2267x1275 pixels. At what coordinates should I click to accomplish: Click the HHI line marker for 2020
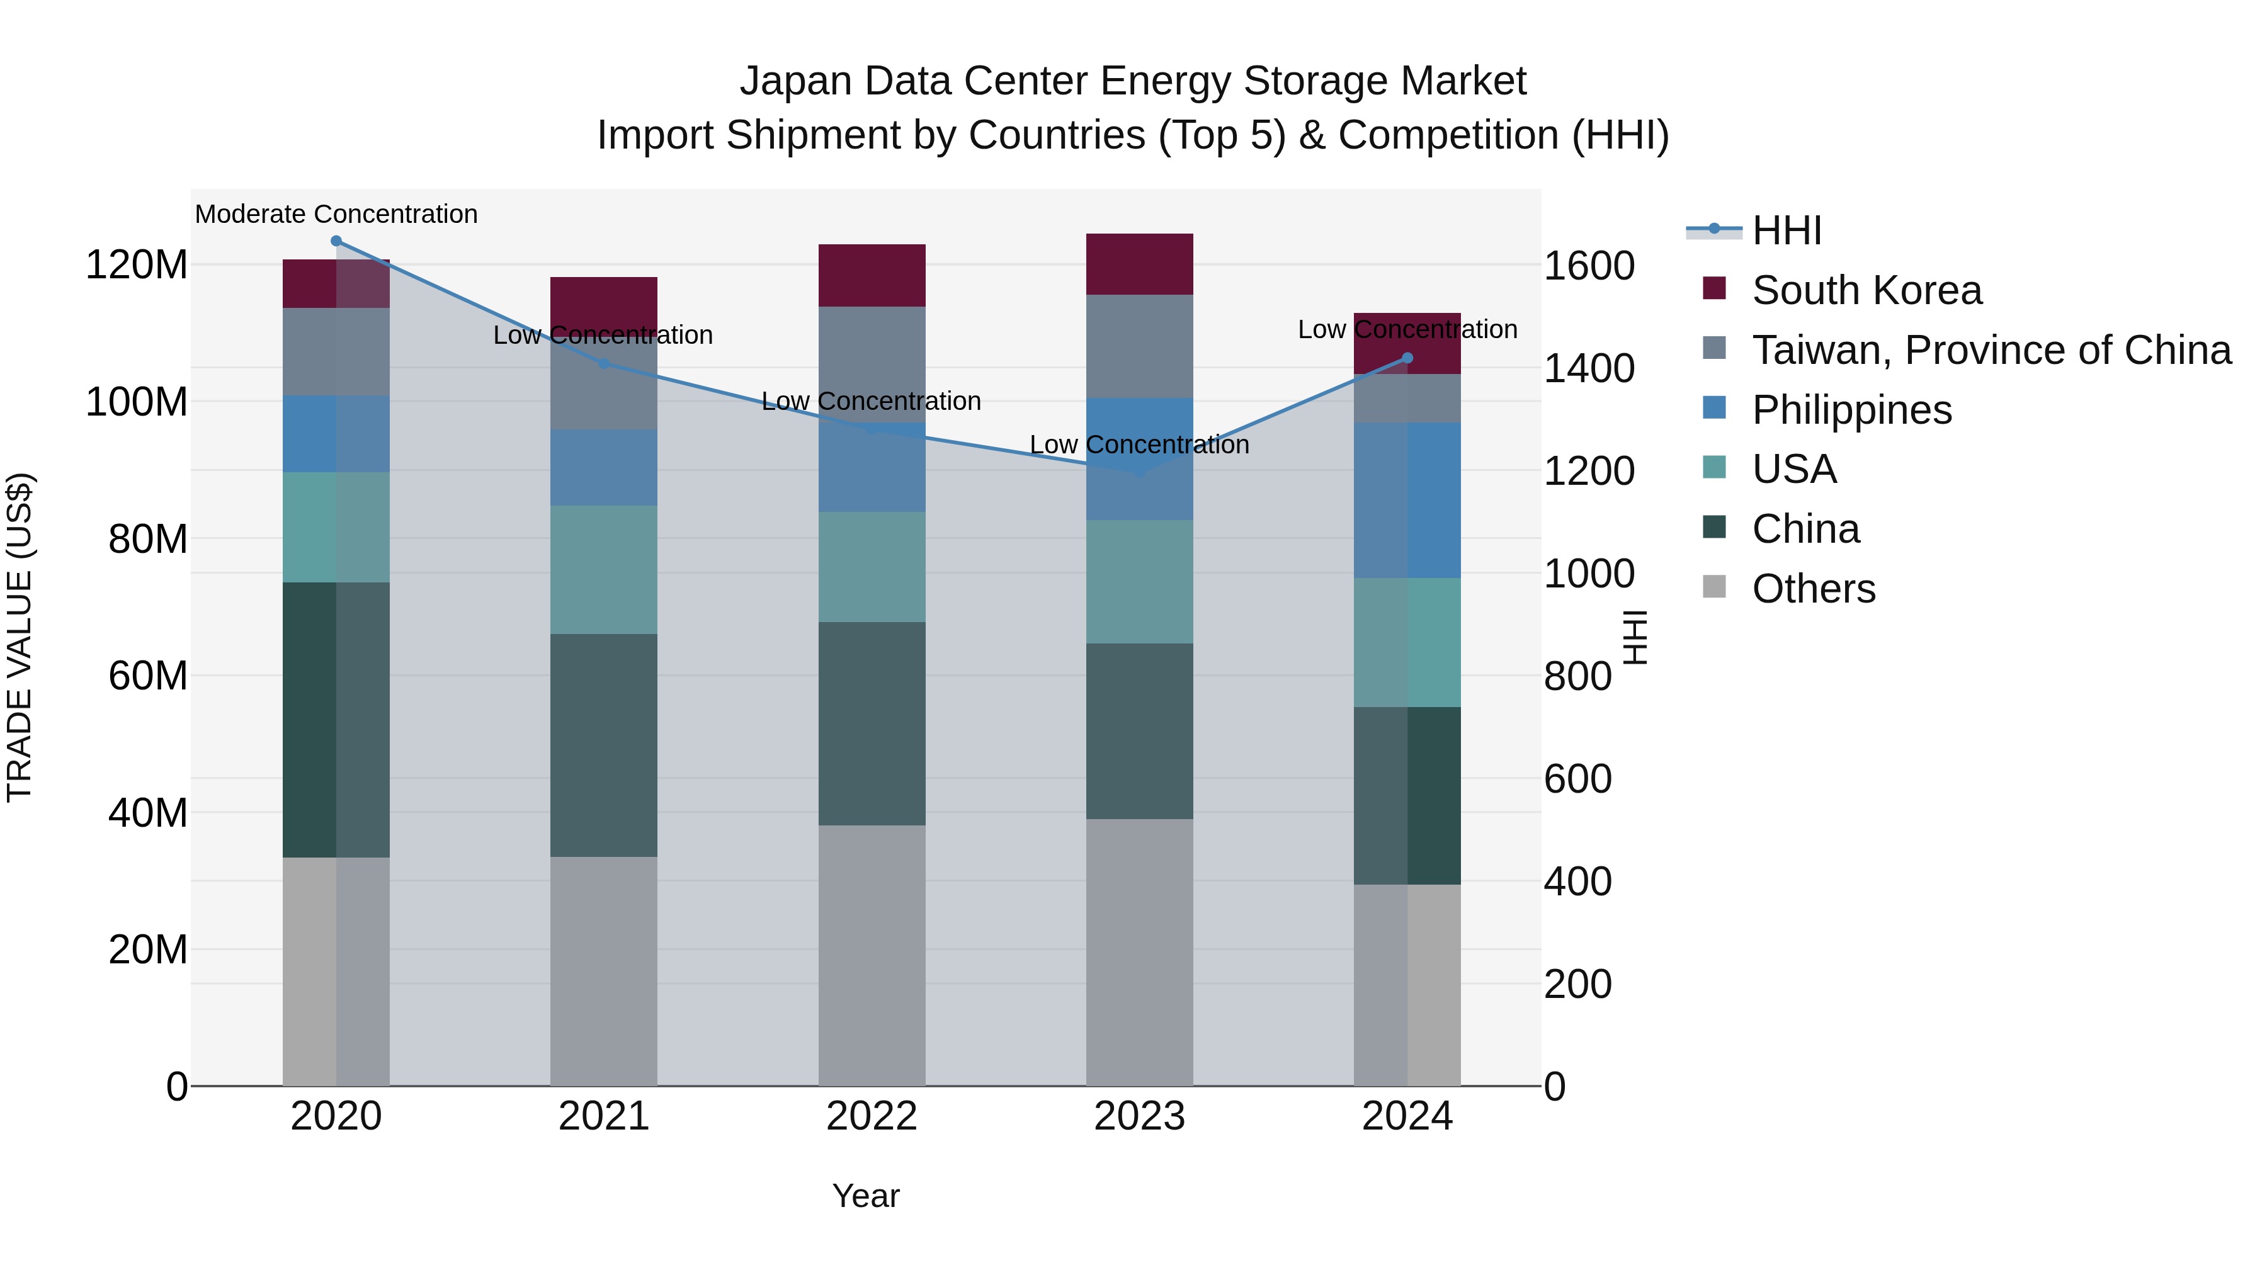coord(336,241)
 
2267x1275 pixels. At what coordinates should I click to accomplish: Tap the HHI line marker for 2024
coord(1407,358)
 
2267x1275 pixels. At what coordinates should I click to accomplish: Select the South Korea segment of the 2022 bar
coord(872,275)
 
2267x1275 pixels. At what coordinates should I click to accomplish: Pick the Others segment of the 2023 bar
coord(1140,952)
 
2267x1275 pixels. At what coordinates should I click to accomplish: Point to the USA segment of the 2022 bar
coord(872,567)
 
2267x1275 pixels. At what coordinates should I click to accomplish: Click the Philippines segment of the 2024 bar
coord(1407,500)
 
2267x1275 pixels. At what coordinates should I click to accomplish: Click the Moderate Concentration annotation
coord(336,214)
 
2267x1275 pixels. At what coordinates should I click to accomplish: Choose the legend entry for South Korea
coord(1866,290)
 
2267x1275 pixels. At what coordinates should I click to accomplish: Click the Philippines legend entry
coord(1851,410)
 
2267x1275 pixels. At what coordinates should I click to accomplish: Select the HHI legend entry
coord(1786,230)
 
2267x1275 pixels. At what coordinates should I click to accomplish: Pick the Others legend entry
coord(1813,589)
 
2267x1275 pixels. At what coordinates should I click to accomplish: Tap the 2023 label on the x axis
coord(1140,1116)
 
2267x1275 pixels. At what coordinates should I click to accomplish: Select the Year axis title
coord(866,1196)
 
